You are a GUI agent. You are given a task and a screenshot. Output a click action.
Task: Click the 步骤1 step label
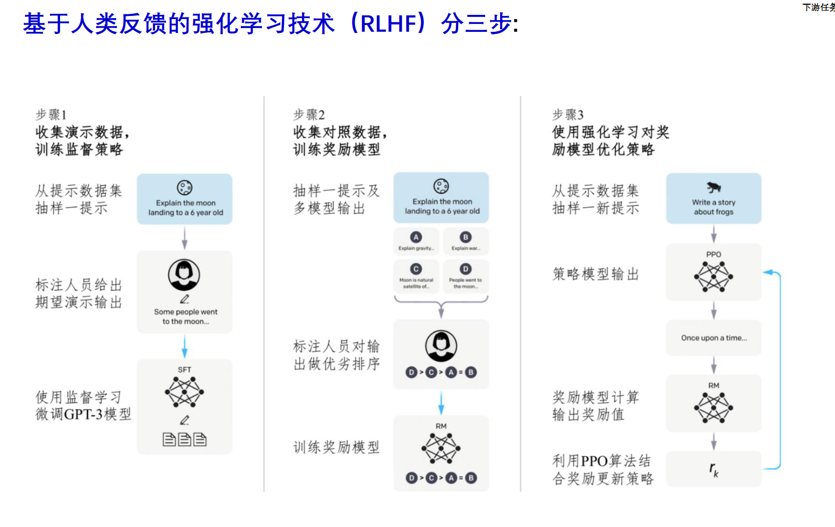pos(51,115)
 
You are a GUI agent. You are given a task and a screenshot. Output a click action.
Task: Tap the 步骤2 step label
pos(309,115)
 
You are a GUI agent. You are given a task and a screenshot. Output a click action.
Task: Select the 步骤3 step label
pos(567,115)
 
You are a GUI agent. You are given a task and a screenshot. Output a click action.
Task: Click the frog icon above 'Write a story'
pos(713,187)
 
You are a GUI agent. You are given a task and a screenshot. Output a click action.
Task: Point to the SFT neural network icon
pos(184,392)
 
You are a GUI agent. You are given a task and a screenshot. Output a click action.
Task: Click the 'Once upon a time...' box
pos(713,338)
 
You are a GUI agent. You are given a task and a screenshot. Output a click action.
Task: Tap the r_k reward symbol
pos(713,469)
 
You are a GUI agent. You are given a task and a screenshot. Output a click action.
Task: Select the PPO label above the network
pos(713,254)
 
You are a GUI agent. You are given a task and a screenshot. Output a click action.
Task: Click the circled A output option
pos(416,237)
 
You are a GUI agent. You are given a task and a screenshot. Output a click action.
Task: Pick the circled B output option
pos(466,237)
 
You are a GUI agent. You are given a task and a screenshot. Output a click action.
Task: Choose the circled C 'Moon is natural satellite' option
pos(416,269)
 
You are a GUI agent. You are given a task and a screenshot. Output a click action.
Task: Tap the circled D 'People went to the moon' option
pos(466,269)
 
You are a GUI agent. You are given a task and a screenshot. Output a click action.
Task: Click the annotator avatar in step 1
pos(184,274)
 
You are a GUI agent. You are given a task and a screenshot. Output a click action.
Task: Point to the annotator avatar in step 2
pos(441,345)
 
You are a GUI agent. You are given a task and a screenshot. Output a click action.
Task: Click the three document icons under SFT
pos(184,439)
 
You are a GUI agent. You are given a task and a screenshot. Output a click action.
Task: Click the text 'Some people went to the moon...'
pos(185,316)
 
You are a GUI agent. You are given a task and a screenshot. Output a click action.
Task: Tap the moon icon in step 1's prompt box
pos(185,187)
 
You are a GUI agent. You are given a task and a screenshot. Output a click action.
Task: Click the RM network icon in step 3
pos(713,408)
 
